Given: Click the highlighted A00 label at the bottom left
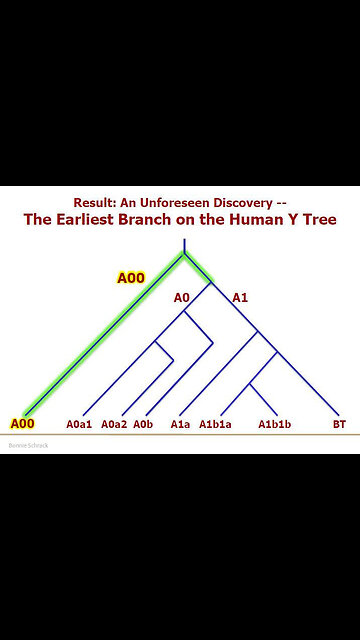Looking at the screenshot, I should [x=23, y=424].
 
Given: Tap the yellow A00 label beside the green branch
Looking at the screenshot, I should [x=131, y=277].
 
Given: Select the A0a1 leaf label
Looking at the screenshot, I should [x=80, y=424].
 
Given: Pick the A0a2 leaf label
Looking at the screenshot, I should [x=114, y=424].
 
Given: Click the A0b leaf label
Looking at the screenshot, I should [x=143, y=424].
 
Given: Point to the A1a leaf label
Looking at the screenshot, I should [x=180, y=424].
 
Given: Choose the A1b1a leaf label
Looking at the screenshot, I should [x=215, y=424].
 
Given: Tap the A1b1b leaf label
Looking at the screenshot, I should [x=275, y=424].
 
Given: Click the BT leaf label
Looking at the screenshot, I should [x=339, y=424].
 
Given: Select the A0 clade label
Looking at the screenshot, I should [x=181, y=297].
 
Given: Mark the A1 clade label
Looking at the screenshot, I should [x=240, y=297].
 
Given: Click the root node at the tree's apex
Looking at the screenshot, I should [x=183, y=254].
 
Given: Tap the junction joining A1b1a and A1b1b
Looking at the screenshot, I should [x=248, y=384].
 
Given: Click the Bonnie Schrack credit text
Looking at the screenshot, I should [x=30, y=445].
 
